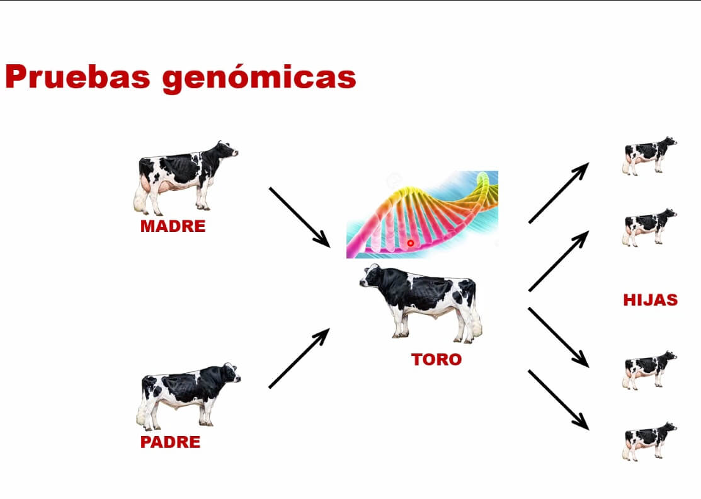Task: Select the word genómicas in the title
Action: [259, 79]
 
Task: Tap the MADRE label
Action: [173, 226]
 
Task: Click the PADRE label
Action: [170, 442]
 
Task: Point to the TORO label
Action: [436, 360]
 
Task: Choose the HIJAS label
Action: [651, 299]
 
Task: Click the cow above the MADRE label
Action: [185, 178]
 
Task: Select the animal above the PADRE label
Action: [188, 396]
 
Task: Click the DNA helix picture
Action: [422, 215]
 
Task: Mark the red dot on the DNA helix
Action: [411, 243]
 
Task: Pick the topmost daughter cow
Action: [649, 155]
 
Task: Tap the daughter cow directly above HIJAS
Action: [649, 227]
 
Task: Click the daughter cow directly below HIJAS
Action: [649, 370]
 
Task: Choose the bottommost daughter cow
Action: [649, 441]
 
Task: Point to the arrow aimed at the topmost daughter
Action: [559, 193]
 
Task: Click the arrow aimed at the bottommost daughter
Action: [559, 400]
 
